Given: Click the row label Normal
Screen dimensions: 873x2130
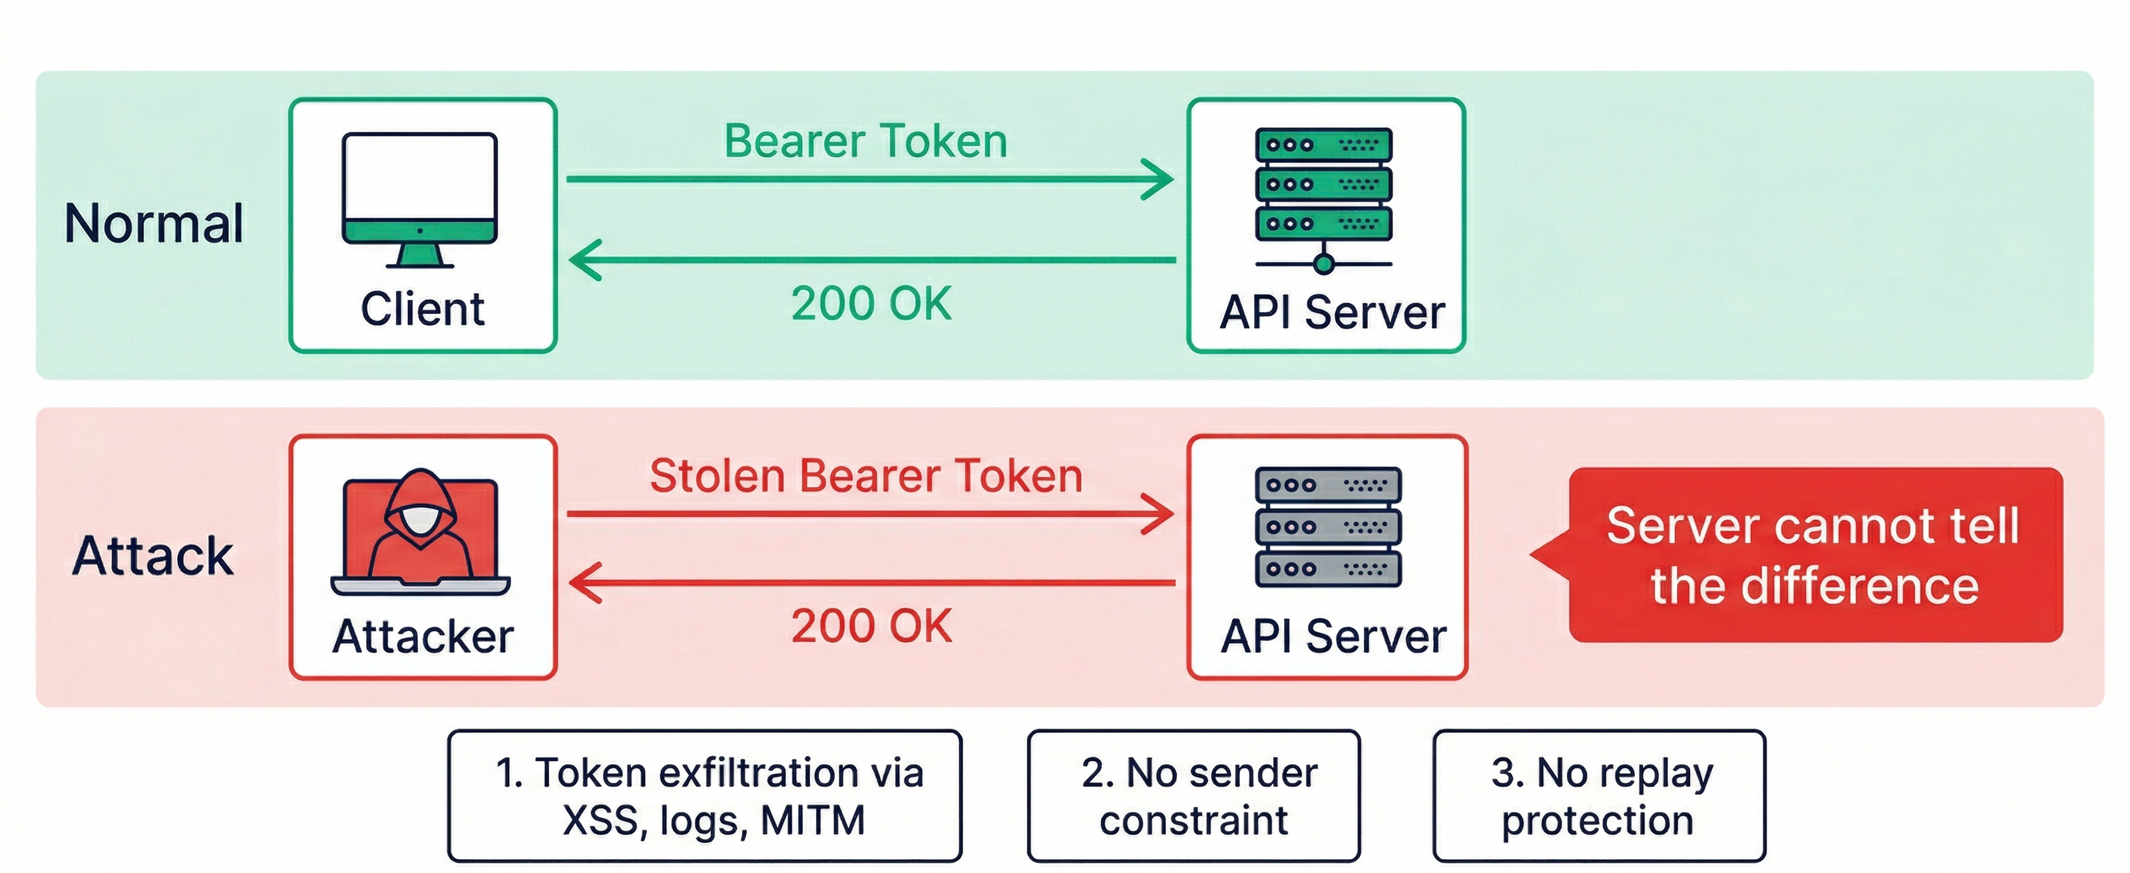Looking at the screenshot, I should click(154, 224).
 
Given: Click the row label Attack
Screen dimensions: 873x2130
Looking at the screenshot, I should click(152, 556).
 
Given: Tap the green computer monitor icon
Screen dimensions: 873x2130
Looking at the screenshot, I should click(420, 199).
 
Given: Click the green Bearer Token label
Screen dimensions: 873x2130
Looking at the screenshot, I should click(866, 141).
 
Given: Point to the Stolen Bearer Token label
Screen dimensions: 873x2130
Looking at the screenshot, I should click(866, 476).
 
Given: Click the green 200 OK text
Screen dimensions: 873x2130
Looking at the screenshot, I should click(871, 303).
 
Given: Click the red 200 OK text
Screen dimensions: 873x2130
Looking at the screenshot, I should click(871, 626).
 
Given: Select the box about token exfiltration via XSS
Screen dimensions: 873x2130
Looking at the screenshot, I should click(704, 796).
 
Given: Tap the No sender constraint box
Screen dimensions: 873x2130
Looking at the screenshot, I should click(1193, 796).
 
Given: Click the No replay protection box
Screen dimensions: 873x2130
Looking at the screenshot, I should click(1598, 796).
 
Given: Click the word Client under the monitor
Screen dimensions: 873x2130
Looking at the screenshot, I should click(423, 309).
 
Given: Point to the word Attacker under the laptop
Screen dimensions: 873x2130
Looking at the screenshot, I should click(423, 637).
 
